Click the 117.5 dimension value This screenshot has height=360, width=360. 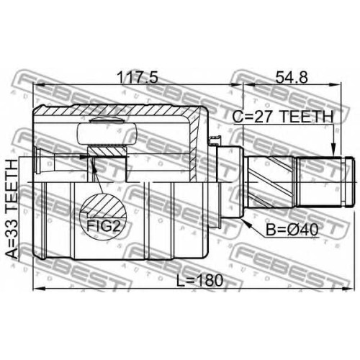(138, 77)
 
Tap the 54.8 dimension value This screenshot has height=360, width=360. (292, 77)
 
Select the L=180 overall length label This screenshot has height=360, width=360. (200, 281)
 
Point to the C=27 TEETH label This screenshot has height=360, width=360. (283, 117)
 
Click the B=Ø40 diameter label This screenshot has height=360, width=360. (292, 230)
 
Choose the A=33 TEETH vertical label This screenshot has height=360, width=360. (12, 209)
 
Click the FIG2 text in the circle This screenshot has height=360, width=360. (103, 225)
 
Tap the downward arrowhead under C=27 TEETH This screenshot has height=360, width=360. (333, 150)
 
